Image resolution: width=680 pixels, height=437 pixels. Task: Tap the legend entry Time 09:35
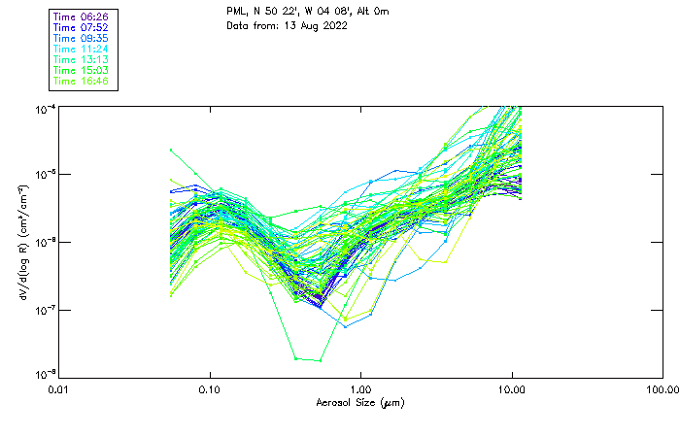point(82,39)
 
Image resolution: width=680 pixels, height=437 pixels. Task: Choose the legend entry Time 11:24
point(82,50)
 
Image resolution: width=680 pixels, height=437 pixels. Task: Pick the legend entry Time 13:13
point(82,60)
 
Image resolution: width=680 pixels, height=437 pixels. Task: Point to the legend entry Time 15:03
point(82,71)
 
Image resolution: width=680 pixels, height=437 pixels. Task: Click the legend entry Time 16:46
point(82,82)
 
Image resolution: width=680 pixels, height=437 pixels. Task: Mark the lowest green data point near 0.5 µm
point(321,360)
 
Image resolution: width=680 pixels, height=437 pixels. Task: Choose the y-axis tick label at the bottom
point(45,375)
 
